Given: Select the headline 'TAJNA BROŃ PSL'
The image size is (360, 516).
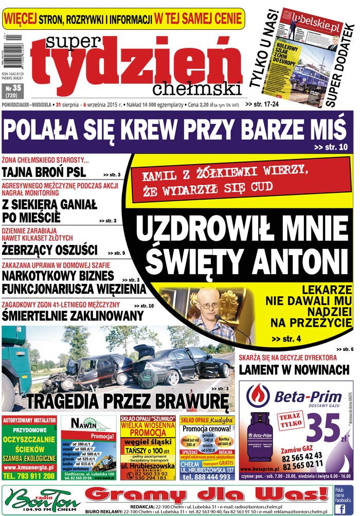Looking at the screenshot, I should click(x=44, y=172).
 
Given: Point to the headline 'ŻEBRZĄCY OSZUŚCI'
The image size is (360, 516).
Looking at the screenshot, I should click(x=49, y=250).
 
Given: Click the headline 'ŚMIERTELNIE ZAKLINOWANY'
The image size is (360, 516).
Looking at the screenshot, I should click(x=72, y=315).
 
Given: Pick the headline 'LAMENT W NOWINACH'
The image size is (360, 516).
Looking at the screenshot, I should click(x=294, y=370).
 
